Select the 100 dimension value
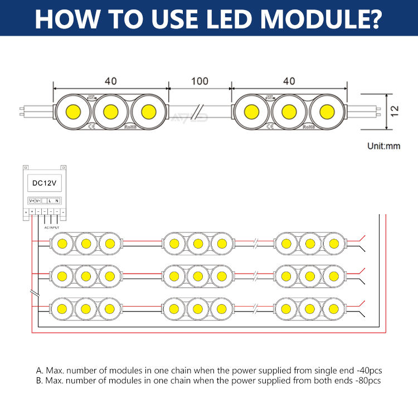[x=200, y=81]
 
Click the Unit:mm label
[x=384, y=147]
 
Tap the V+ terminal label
[x=32, y=200]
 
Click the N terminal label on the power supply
[x=57, y=200]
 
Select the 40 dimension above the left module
[x=110, y=81]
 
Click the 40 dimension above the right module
[x=289, y=81]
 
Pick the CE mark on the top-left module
[x=90, y=127]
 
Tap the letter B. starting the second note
[x=39, y=381]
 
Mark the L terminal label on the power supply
[x=50, y=200]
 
